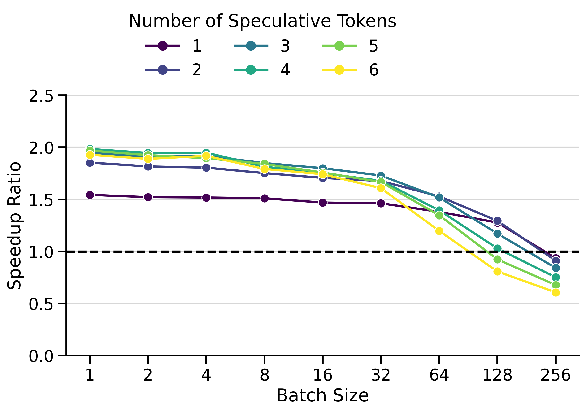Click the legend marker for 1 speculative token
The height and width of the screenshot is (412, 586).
[x=163, y=46]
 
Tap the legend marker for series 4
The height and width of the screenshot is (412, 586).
[x=251, y=70]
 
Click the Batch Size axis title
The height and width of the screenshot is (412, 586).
[x=322, y=396]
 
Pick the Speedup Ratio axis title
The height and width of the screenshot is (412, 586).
[x=14, y=226]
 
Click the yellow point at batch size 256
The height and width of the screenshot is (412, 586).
[x=556, y=293]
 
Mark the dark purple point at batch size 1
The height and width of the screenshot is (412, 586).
[x=90, y=195]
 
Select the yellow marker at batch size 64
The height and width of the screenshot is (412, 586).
[x=439, y=231]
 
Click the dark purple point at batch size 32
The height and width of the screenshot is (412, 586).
[x=381, y=204]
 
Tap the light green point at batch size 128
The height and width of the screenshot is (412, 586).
[x=497, y=260]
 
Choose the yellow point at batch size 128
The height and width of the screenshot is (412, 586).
[x=497, y=271]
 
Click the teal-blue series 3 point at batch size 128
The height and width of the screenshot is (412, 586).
[x=497, y=234]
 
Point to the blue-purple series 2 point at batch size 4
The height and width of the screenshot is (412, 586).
[x=206, y=168]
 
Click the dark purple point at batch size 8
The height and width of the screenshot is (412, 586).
[x=265, y=198]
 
